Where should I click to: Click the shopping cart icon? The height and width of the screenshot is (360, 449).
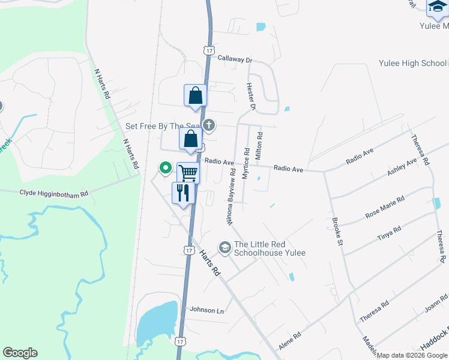[188, 173]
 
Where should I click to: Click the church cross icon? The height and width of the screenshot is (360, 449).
[209, 125]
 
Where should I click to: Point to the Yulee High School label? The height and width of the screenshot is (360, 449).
[412, 64]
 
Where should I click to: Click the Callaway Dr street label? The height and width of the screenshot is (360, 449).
[235, 59]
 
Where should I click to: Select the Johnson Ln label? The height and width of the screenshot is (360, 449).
[206, 310]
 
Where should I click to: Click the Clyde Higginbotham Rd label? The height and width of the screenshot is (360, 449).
[54, 193]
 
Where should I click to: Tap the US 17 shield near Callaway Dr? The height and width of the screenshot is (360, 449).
[208, 51]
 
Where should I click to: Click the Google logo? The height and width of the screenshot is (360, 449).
[20, 353]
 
